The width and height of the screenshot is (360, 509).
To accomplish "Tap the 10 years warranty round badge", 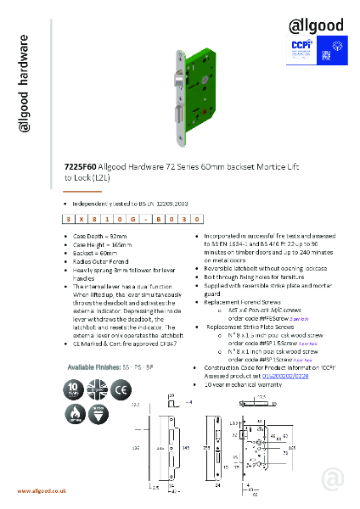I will [x=76, y=389].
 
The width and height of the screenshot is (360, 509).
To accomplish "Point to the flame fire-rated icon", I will [x=76, y=414].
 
